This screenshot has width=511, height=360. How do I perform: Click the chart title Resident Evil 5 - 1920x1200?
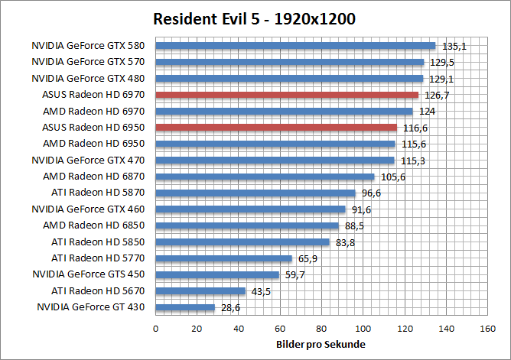coord(254,19)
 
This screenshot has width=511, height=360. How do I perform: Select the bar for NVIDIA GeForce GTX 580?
coord(295,46)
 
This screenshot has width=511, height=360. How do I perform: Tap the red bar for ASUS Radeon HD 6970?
coord(287,95)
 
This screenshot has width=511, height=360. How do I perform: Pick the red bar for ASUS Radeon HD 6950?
coord(276,127)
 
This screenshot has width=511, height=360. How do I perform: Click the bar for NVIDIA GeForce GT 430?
coord(185,307)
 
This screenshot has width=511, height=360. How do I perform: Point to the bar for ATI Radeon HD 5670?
coord(200,291)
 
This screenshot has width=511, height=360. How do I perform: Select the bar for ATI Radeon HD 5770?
coord(223,258)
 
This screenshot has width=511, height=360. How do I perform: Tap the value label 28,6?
coord(229,307)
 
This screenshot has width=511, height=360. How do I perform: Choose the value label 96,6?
coord(369,193)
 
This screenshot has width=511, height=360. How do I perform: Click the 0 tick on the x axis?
coord(156,329)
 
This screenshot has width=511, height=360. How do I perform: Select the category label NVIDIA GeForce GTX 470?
coord(91,161)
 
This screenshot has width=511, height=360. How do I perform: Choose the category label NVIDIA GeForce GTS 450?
coord(91,274)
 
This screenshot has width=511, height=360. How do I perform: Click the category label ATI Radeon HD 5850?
coord(101,242)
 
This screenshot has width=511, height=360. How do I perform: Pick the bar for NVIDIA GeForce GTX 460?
coord(250,209)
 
